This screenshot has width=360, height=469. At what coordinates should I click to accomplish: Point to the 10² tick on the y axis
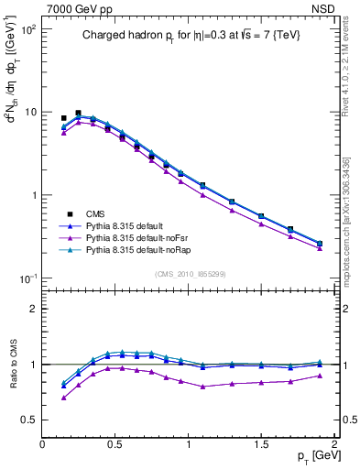(x=27, y=29)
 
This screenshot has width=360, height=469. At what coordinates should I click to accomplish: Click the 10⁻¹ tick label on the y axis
(x=27, y=278)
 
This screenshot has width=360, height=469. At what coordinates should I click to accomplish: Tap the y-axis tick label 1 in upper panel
(x=33, y=196)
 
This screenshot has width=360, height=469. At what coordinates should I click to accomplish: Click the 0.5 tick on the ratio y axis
(x=29, y=420)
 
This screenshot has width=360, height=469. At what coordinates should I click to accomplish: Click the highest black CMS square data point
(x=78, y=113)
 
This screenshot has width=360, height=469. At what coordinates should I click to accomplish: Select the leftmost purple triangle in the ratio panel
(x=63, y=398)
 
